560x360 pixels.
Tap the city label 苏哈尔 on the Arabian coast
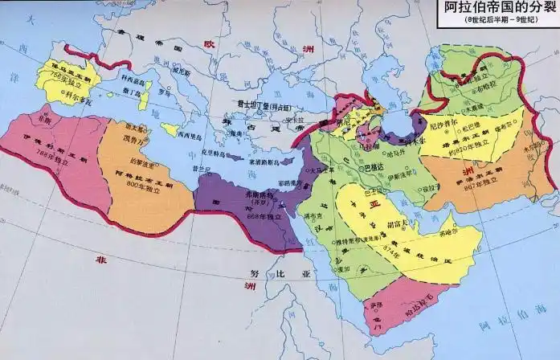click(460, 239)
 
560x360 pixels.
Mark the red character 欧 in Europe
click(211, 46)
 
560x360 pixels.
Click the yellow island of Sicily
click(170, 129)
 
